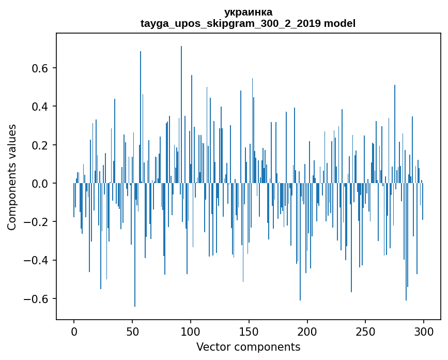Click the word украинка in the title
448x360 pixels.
tap(248, 12)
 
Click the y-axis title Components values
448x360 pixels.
tap(12, 177)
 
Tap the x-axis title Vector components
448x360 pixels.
tap(248, 347)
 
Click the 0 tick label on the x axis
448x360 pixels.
tap(74, 331)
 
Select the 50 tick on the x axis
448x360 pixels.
tap(132, 331)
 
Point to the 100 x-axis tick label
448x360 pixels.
tap(191, 331)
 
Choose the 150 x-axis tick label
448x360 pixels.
tap(249, 331)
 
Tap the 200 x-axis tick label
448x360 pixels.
tap(307, 331)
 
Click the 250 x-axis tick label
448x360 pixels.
tap(366, 331)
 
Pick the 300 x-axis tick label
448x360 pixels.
tap(424, 331)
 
